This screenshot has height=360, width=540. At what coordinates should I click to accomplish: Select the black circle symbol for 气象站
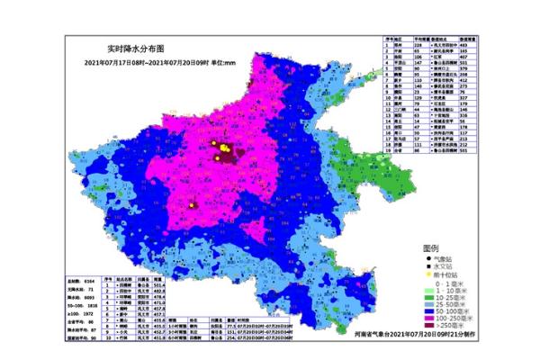(x=428, y=258)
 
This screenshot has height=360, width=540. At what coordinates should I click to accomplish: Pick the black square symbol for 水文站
(x=428, y=265)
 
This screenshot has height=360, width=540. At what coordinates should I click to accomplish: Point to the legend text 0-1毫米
(x=449, y=283)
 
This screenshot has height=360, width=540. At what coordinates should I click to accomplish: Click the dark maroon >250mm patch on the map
(x=221, y=157)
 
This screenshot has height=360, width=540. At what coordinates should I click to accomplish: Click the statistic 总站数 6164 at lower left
(x=81, y=281)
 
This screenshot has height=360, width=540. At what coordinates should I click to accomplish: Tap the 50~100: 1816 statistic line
(x=81, y=306)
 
